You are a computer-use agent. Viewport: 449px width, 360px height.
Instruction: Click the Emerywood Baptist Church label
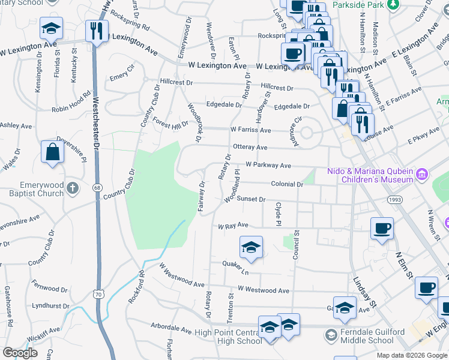tap(32, 188)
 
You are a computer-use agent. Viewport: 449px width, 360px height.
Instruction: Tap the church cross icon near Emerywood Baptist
tap(72, 188)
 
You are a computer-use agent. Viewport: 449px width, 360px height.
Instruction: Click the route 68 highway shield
tap(97, 188)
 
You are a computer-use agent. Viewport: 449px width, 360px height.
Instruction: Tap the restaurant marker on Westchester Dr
tap(97, 30)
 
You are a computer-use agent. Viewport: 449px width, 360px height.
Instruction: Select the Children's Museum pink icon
tap(422, 175)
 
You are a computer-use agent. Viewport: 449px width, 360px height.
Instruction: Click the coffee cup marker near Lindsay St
tap(382, 228)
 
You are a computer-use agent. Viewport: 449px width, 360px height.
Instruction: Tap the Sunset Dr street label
tap(250, 199)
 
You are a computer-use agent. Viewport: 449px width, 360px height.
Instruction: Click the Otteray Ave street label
tap(250, 147)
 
